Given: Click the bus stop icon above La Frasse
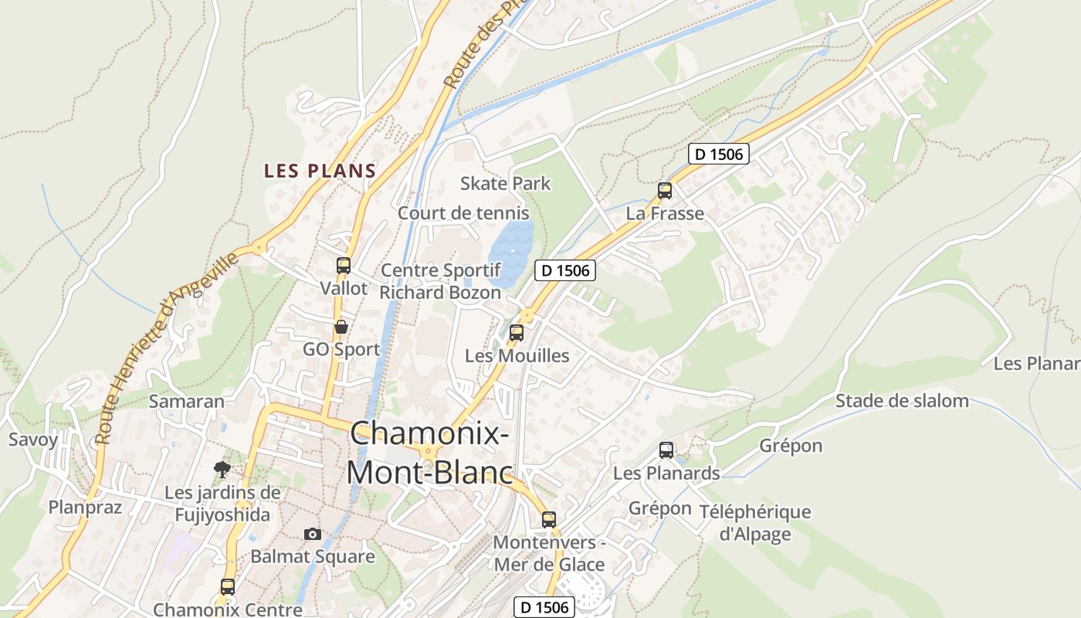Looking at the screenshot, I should click(665, 190).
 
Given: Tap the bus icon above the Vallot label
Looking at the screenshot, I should click(344, 266).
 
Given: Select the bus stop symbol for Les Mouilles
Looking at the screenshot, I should click(517, 333).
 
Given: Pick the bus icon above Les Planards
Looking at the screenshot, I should click(666, 450).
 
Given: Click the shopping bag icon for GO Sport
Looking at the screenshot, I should click(341, 327).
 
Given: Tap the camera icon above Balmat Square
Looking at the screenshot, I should click(312, 534).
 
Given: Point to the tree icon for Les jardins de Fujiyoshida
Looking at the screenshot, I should click(222, 469).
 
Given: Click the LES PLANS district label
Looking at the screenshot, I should click(320, 171).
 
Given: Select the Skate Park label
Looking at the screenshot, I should click(506, 183).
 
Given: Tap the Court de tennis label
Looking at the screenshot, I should click(463, 213).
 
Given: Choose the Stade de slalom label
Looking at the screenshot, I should click(902, 400).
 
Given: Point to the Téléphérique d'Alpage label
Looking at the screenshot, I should click(754, 522).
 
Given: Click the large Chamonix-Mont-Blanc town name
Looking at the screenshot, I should click(429, 453).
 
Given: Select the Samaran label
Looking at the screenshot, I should click(186, 401).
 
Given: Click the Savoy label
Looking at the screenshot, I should click(33, 440).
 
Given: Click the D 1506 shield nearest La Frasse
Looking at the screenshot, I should click(718, 154).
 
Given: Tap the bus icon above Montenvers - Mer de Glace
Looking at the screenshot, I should click(549, 519).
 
